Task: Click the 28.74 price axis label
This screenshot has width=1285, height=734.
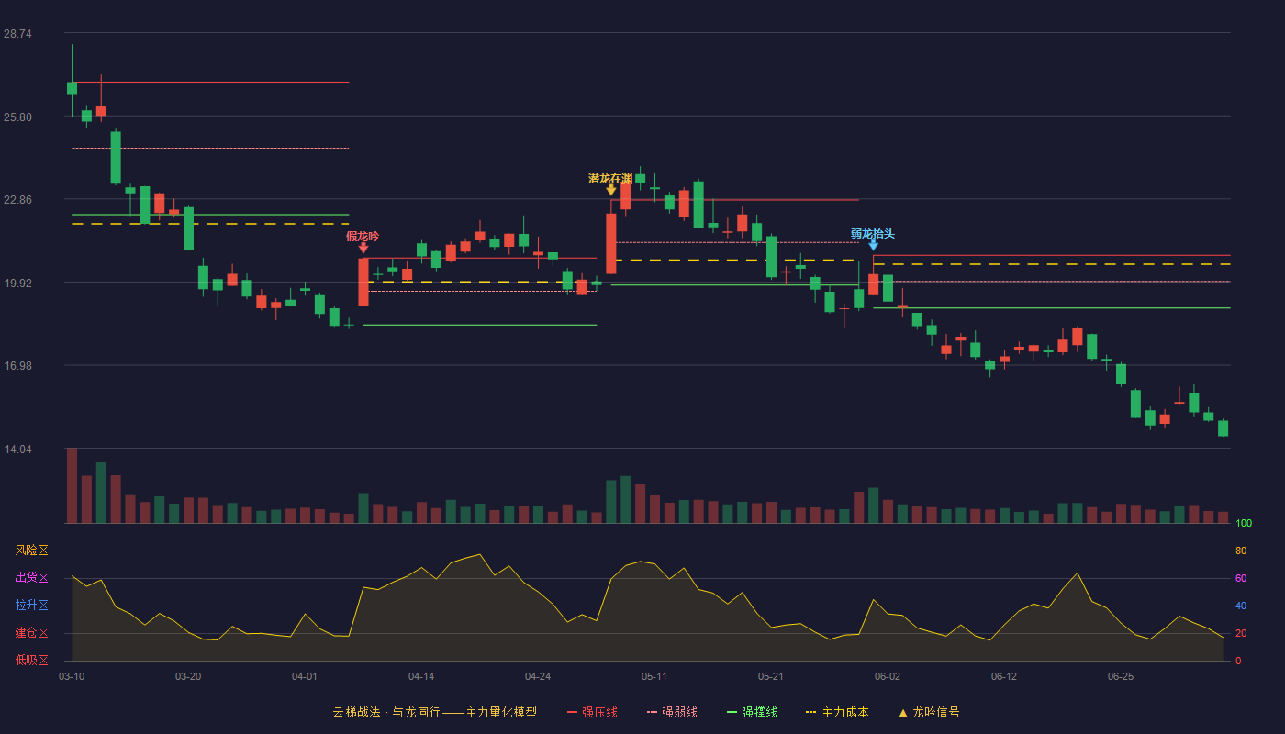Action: tap(17, 34)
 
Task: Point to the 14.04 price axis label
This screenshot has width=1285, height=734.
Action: tap(17, 449)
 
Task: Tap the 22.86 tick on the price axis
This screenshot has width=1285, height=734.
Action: tap(17, 200)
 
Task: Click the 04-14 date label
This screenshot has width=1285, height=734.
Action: tap(421, 677)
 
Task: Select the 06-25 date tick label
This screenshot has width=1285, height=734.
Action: tap(1121, 677)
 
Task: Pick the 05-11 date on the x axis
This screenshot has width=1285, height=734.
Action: tap(654, 677)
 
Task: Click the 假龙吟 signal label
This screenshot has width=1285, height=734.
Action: tap(363, 237)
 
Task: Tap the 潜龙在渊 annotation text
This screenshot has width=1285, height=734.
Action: tap(610, 179)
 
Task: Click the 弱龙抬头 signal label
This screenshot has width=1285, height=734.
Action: tap(873, 234)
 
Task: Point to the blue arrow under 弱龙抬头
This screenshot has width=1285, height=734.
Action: tap(873, 246)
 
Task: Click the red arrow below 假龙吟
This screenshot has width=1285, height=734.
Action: tap(363, 248)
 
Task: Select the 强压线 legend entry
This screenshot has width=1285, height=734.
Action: tap(592, 712)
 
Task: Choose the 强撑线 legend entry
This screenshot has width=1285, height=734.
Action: tap(752, 712)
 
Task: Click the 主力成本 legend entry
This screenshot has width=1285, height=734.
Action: tap(837, 712)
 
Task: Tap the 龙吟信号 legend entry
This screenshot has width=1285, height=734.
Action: tap(929, 712)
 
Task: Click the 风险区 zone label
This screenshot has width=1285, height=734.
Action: tap(31, 550)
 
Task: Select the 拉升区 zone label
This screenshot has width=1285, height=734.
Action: tap(31, 606)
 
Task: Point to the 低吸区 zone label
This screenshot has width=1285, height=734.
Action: tap(31, 661)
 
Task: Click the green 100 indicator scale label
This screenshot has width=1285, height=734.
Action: tap(1244, 523)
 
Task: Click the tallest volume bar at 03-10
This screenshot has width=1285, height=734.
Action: tap(72, 485)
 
